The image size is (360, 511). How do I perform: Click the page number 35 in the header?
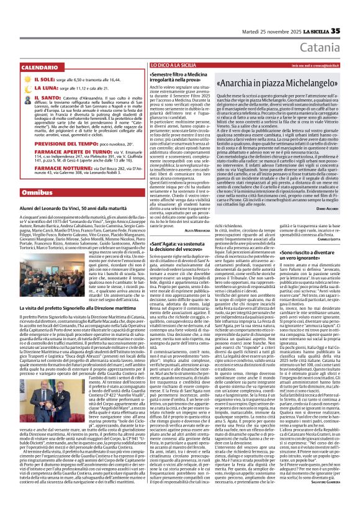(x=352, y=14)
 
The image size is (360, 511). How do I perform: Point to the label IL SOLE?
(x=26, y=80)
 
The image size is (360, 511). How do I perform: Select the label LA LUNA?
(x=27, y=89)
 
